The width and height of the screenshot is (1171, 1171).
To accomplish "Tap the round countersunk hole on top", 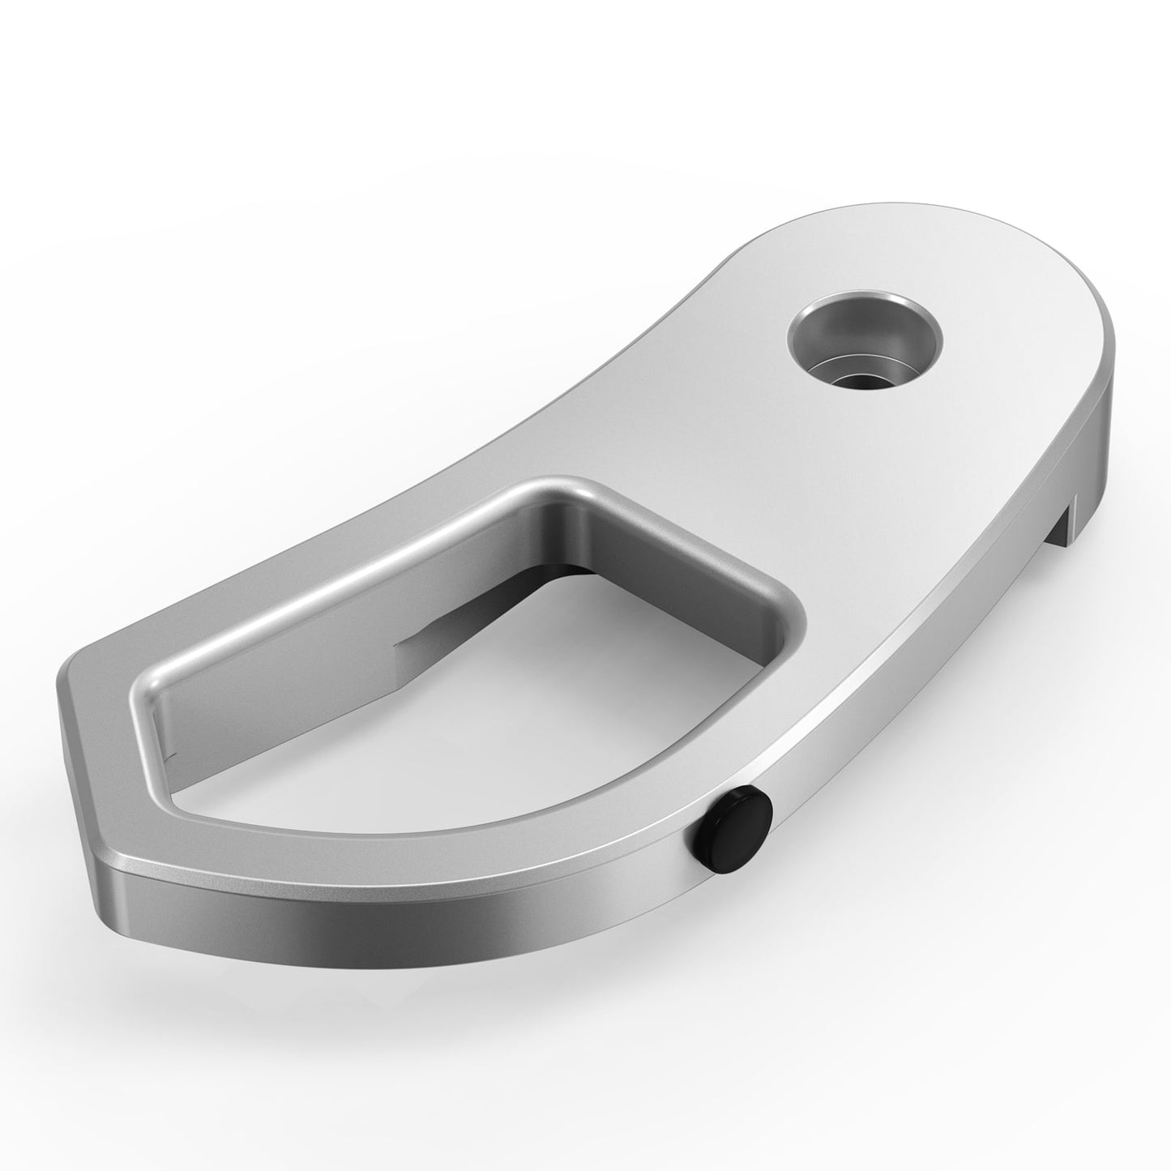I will tap(865, 338).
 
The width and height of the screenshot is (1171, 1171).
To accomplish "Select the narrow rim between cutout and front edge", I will tap(486, 843).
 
